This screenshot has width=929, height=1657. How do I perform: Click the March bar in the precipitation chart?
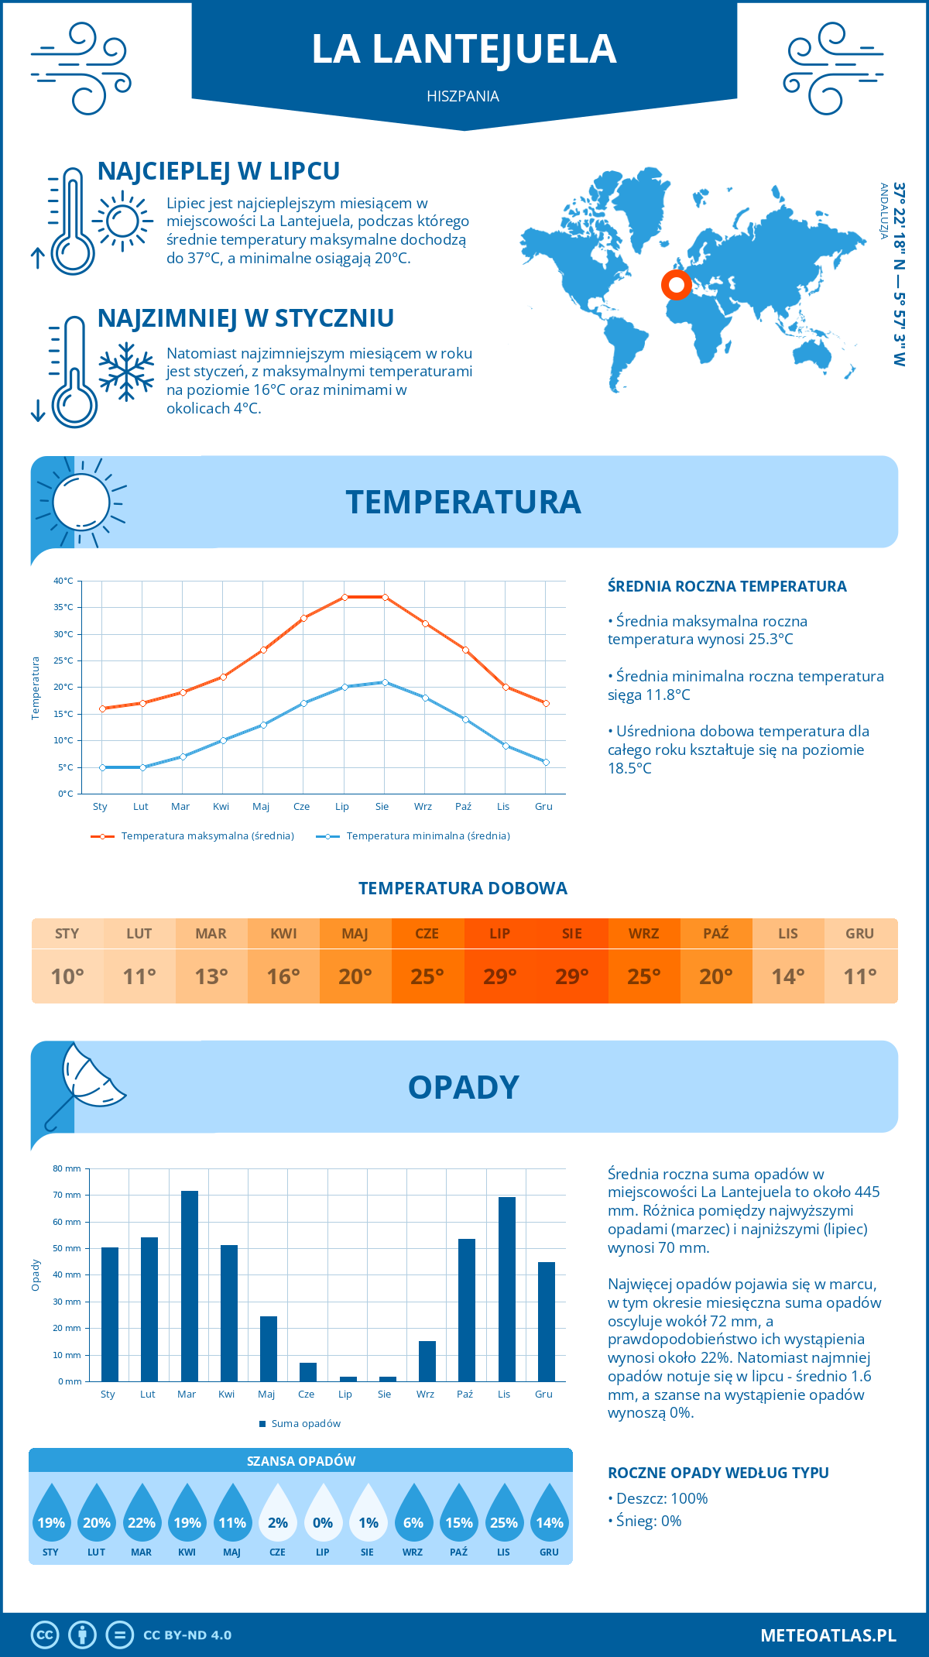point(189,1286)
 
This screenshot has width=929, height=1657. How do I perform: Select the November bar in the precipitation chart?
point(507,1289)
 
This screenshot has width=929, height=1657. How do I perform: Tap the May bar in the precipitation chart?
point(269,1349)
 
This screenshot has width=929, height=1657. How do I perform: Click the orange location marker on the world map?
point(676,285)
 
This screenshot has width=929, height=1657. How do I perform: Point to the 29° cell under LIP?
point(499,976)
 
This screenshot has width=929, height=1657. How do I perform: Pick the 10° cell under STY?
point(67,976)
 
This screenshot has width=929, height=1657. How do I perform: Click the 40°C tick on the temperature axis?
point(63,581)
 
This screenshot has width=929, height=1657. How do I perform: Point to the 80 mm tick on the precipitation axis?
point(67,1168)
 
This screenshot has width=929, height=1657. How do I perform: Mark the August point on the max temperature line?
point(385,597)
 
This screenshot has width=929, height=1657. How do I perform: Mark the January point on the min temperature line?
point(102,767)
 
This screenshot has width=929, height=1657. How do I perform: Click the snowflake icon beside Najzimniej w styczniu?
point(126,372)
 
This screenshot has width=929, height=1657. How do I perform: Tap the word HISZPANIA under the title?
point(463,97)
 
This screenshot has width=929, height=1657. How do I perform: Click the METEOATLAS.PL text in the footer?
point(828,1635)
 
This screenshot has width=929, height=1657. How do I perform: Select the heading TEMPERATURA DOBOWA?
point(463,889)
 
